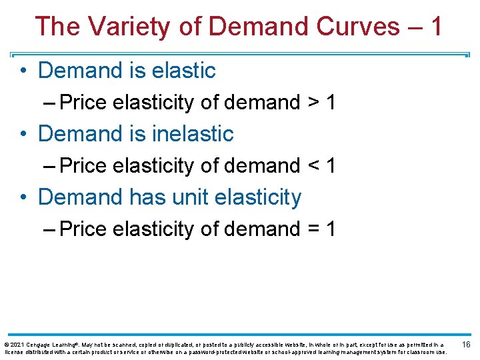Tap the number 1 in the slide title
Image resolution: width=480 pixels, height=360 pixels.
(436, 27)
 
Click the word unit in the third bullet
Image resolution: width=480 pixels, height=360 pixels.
(161, 197)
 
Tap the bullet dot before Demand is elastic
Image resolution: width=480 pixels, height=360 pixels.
(23, 71)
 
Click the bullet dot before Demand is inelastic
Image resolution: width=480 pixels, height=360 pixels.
(23, 134)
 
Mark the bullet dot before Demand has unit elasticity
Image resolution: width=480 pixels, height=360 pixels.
(23, 197)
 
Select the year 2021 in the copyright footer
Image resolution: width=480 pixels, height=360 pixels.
(18, 344)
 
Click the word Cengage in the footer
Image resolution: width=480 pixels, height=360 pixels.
(41, 344)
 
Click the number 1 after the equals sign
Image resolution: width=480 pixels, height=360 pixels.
(330, 229)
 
